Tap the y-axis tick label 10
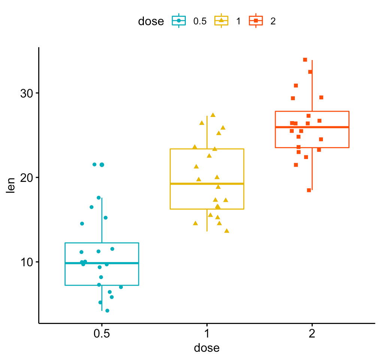point(26,262)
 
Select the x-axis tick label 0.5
point(102,333)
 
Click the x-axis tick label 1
point(207,333)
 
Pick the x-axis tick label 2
point(312,333)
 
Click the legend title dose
point(151,21)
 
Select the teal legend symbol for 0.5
point(179,21)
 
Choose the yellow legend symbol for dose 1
point(221,21)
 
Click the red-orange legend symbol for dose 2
point(256,21)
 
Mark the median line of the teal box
point(102,263)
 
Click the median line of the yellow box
point(207,183)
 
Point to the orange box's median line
point(312,127)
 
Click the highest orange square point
point(305,60)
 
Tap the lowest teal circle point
point(107,310)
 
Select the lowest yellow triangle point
point(227,231)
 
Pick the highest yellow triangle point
point(213,115)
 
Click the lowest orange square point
point(309,190)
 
